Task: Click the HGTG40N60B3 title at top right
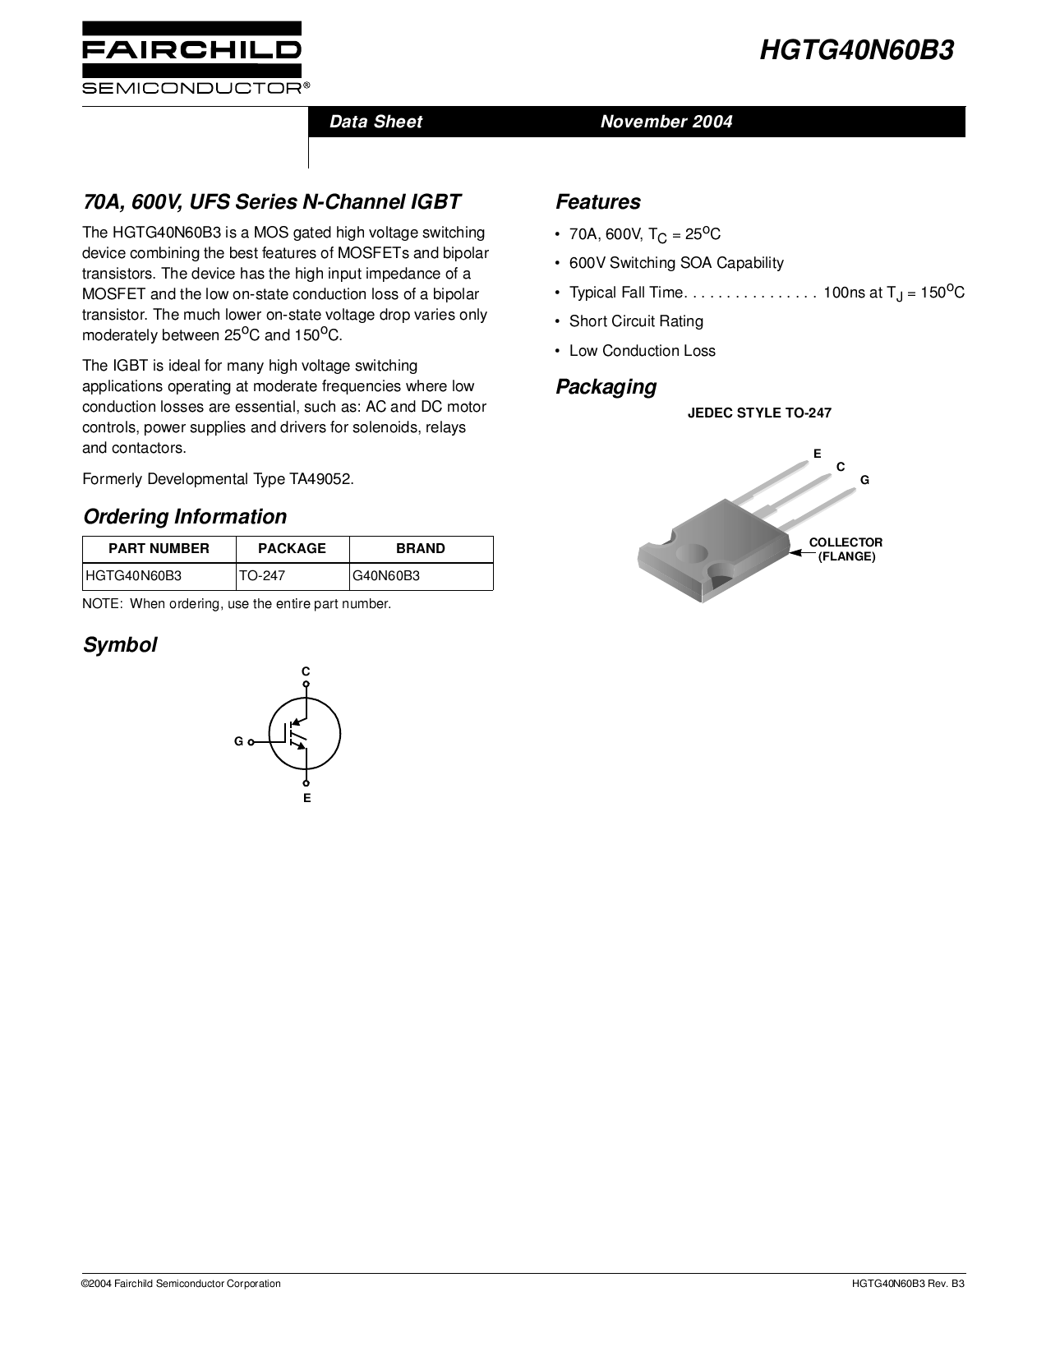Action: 857,51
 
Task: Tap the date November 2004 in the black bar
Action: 666,122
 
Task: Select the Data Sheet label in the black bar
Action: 376,122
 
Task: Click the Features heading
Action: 598,202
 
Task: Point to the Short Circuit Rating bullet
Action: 636,321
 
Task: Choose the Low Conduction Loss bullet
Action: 642,351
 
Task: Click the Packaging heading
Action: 606,387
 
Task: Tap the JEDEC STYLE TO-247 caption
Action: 759,413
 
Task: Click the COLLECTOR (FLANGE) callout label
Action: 846,549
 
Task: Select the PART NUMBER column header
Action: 159,549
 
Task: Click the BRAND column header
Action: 421,549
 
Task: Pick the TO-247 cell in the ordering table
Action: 262,576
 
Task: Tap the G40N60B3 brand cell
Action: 386,576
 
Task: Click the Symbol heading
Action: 120,645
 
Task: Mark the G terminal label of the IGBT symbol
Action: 238,741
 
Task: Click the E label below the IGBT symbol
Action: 306,798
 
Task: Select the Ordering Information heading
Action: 185,517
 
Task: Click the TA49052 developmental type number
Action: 320,479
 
